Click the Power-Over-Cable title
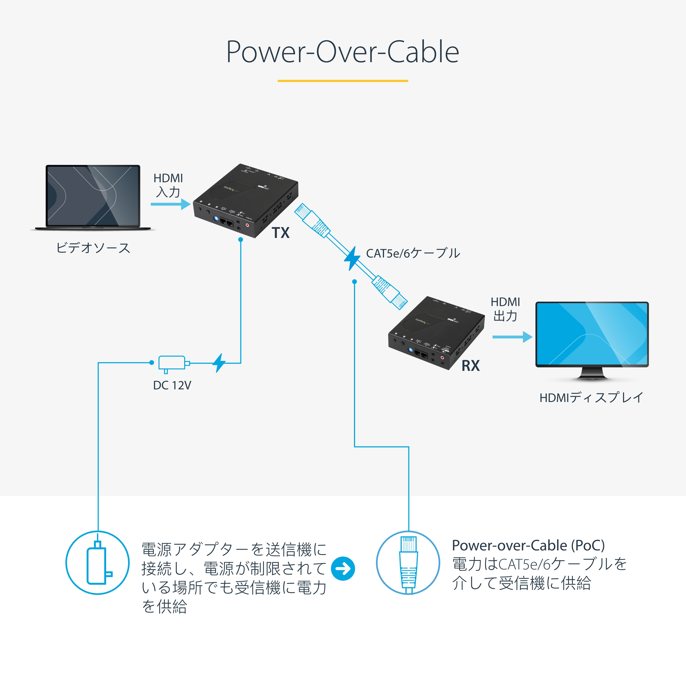(x=343, y=52)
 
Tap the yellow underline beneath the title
(x=343, y=81)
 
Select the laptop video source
(x=93, y=197)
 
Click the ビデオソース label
(x=93, y=248)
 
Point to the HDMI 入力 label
(x=168, y=185)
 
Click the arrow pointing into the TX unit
(x=170, y=204)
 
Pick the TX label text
(x=281, y=233)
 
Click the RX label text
(x=471, y=366)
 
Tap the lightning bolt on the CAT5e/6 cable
(x=352, y=258)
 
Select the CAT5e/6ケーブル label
(x=413, y=253)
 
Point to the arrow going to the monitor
(x=512, y=337)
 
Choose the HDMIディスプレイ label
(x=591, y=397)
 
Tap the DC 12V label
(x=172, y=385)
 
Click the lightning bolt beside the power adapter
(x=219, y=363)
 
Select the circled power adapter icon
(x=98, y=562)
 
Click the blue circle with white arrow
(x=343, y=568)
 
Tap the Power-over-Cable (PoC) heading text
(x=528, y=545)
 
